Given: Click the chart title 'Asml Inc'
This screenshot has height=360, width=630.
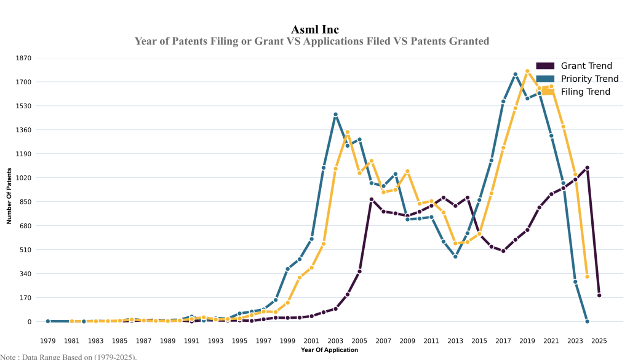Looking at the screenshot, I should [x=315, y=30].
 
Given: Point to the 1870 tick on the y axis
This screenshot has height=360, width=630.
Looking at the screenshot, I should [x=24, y=58].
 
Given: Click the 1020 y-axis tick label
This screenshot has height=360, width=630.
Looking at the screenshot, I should [x=24, y=178].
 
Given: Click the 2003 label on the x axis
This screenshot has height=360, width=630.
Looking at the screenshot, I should [x=335, y=340].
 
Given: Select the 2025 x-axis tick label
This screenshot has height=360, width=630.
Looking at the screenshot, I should [x=599, y=340].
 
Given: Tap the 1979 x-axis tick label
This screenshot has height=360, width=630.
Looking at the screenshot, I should [x=47, y=340].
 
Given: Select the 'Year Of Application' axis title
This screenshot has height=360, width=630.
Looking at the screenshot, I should [x=329, y=350].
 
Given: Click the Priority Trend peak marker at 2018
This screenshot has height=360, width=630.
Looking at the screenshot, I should [x=516, y=74].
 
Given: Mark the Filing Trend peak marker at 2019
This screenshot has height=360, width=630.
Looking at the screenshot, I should [x=527, y=71].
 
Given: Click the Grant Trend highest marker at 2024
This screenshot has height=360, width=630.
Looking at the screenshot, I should [x=588, y=168].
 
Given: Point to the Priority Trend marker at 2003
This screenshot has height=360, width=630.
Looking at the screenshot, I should [x=335, y=114].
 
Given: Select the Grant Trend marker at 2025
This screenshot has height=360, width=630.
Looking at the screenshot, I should [x=599, y=295].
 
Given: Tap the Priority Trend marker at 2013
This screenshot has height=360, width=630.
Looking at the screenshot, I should [x=455, y=257].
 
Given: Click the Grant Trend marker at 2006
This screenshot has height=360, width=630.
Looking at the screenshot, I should [x=372, y=199].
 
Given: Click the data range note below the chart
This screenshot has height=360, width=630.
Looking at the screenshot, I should [x=68, y=356].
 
